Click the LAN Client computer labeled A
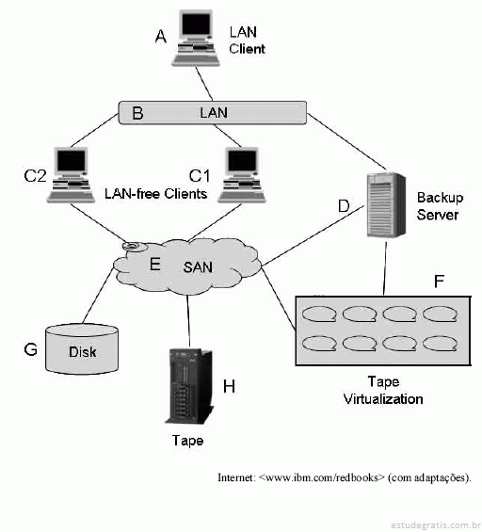click(196, 38)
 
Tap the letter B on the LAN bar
click(137, 113)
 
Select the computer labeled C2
click(71, 175)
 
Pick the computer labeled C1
click(242, 175)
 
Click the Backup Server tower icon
click(386, 204)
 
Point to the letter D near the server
click(344, 205)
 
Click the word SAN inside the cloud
click(198, 267)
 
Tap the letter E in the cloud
click(154, 264)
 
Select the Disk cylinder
click(82, 348)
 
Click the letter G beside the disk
click(30, 348)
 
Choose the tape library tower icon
click(189, 386)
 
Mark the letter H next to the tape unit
click(229, 386)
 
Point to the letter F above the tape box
click(439, 282)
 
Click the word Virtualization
click(383, 399)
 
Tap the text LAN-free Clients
click(155, 194)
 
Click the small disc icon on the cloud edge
click(134, 247)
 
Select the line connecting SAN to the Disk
click(98, 295)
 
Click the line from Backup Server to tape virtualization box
click(385, 268)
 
